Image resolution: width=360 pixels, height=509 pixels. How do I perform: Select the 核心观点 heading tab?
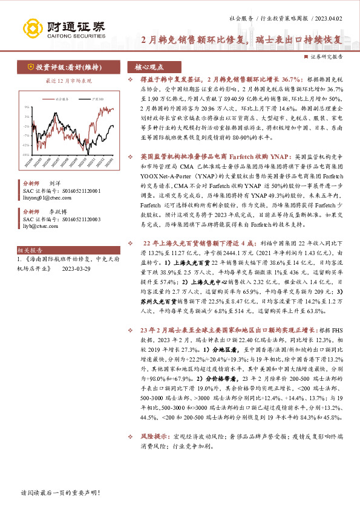tap(149, 68)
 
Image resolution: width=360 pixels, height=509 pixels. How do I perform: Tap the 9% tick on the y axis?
tap(27, 106)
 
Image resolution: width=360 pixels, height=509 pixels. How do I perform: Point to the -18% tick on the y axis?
tap(26, 155)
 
